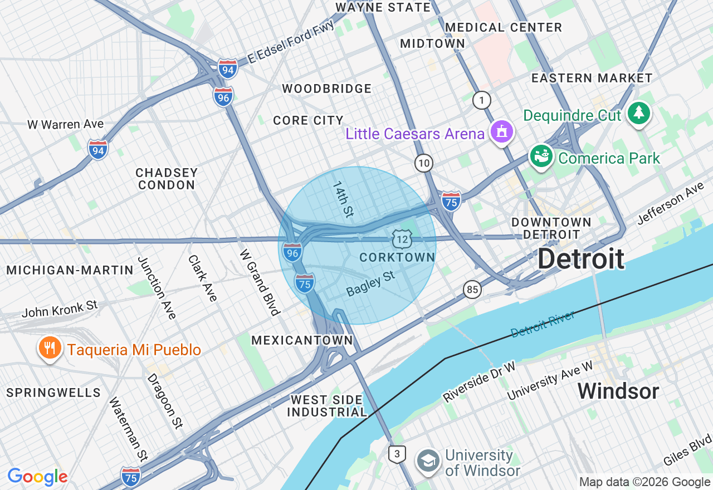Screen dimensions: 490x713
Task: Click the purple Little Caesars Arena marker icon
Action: click(x=502, y=132)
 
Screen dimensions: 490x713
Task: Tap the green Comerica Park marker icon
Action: click(x=540, y=156)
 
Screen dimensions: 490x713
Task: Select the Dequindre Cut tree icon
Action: click(x=638, y=113)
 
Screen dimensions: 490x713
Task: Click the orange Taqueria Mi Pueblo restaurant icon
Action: click(x=50, y=348)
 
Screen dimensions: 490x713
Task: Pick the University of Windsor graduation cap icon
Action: click(x=428, y=461)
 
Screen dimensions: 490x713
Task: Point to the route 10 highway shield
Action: click(x=424, y=163)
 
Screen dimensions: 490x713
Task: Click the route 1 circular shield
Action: click(x=482, y=101)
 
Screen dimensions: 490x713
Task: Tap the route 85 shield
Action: click(x=472, y=289)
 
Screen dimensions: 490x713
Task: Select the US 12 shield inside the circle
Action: click(x=401, y=239)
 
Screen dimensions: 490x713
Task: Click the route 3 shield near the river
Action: click(x=397, y=454)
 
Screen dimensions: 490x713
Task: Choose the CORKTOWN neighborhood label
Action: click(x=397, y=257)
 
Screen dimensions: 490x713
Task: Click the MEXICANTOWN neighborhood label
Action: click(x=302, y=340)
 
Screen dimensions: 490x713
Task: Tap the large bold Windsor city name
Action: click(x=618, y=391)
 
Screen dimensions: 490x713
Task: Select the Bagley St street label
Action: click(x=370, y=284)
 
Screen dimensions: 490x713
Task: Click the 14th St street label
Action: click(x=343, y=199)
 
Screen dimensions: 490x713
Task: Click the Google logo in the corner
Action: click(x=37, y=477)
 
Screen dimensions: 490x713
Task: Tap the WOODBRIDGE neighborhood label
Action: click(x=326, y=89)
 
